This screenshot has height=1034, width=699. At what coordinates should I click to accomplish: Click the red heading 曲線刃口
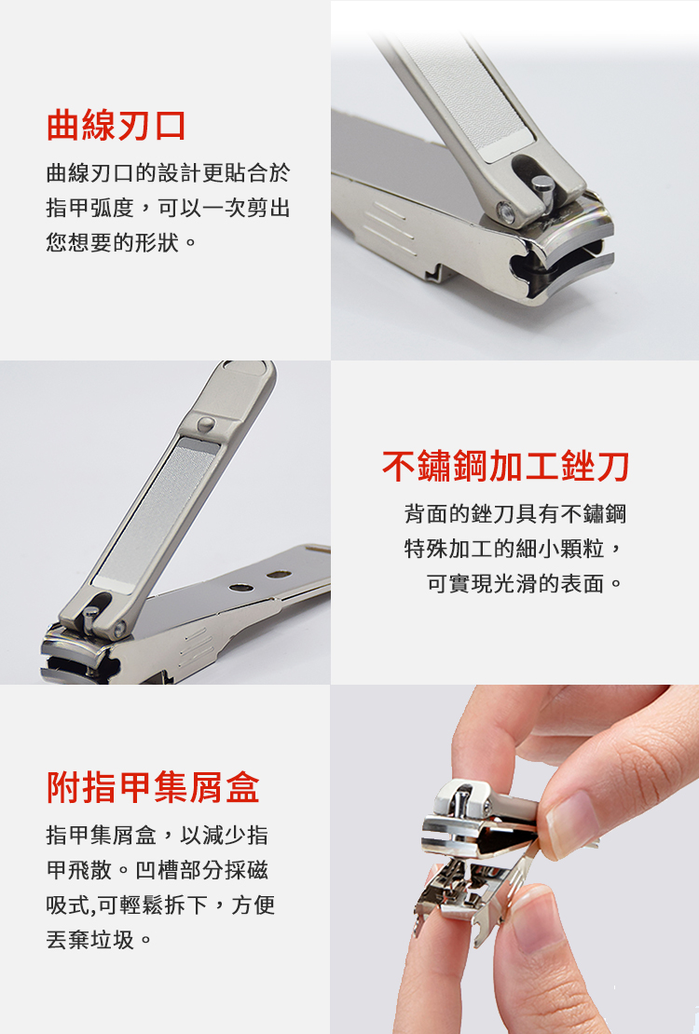tap(116, 126)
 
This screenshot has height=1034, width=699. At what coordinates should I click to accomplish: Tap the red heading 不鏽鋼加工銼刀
tap(505, 466)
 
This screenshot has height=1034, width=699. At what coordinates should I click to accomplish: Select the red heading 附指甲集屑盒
tap(153, 787)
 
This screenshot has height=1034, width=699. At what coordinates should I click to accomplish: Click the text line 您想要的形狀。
tap(121, 242)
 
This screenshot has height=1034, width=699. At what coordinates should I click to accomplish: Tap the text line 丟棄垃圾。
tap(100, 939)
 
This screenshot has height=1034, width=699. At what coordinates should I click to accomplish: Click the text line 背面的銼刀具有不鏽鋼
tap(514, 513)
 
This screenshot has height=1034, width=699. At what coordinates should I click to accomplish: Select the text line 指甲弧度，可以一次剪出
tap(169, 208)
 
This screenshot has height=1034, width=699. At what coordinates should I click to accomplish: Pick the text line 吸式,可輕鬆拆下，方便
tap(160, 905)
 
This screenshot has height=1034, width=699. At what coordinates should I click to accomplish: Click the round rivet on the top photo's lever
tap(507, 211)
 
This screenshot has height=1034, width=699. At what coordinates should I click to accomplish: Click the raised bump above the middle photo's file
tap(206, 423)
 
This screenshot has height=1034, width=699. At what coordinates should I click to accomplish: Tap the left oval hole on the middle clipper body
tap(240, 587)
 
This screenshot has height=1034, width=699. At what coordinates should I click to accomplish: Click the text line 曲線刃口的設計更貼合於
tap(169, 173)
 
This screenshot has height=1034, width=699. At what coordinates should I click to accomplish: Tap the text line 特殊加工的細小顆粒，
tap(514, 548)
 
